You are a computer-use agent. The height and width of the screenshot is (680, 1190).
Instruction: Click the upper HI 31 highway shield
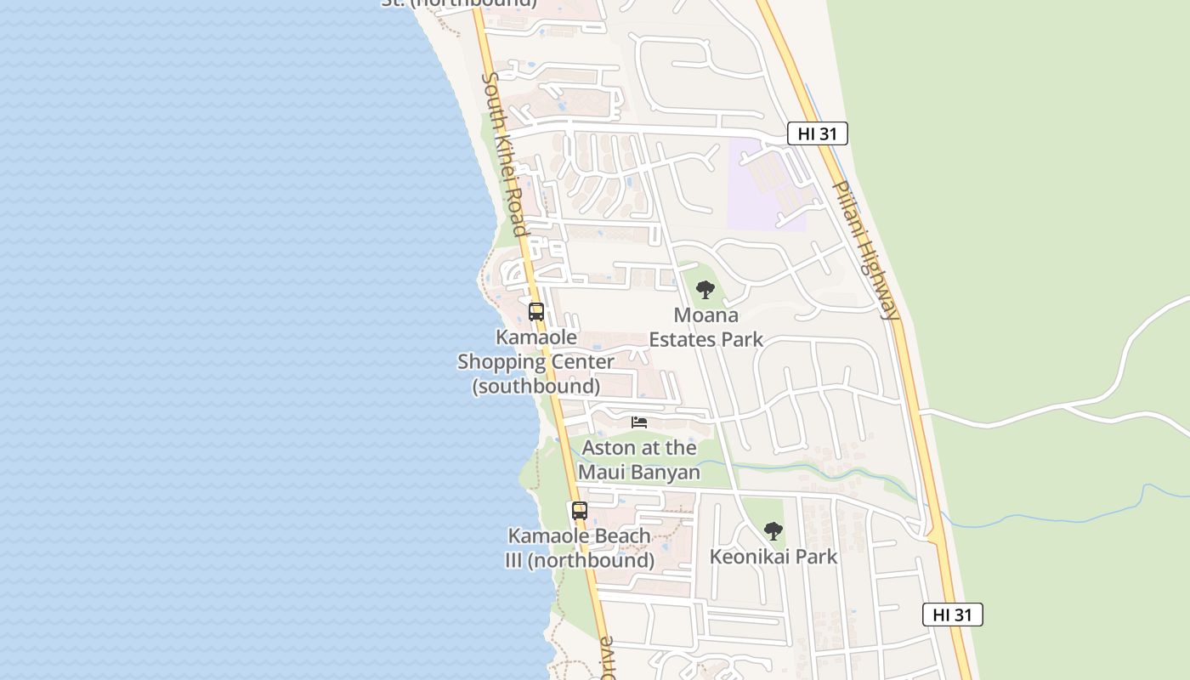[x=817, y=133]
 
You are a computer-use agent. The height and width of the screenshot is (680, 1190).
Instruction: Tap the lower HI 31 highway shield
[x=952, y=615]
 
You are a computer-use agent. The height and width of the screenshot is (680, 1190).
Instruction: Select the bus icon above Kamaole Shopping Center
[x=535, y=311]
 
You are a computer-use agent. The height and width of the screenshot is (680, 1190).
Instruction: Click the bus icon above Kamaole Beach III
[x=579, y=511]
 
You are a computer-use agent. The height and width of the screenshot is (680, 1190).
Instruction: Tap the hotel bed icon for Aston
[x=639, y=422]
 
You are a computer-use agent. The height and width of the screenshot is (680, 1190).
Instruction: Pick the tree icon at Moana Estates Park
[x=705, y=289]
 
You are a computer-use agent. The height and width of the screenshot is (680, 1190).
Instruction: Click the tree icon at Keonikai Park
[x=773, y=531]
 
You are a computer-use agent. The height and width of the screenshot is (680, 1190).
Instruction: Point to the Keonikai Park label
[x=773, y=557]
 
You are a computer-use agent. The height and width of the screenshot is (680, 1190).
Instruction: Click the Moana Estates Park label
[x=705, y=327]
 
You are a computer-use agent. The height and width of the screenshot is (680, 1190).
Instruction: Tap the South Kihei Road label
[x=505, y=154]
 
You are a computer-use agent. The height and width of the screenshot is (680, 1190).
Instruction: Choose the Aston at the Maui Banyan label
[x=639, y=460]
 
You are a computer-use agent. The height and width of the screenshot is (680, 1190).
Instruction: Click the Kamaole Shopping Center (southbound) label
[x=535, y=361]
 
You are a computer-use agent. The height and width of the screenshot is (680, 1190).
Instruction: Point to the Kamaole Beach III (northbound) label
[x=581, y=548]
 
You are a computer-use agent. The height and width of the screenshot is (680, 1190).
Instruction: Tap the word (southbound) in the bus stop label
[x=535, y=386]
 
